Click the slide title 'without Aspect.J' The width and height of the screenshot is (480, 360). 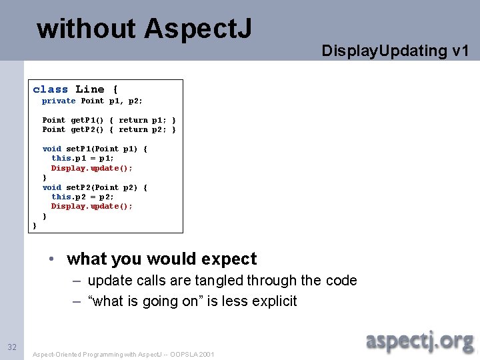[x=144, y=29]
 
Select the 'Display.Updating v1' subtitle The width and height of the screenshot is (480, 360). [x=395, y=51]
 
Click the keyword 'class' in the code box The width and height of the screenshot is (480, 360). [x=50, y=89]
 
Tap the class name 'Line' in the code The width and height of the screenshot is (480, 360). [x=89, y=89]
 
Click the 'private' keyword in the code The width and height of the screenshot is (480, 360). [x=59, y=101]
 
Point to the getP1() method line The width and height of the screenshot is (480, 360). [x=109, y=121]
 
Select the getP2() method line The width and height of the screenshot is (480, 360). [x=109, y=130]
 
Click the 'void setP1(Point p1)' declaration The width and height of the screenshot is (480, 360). [x=95, y=149]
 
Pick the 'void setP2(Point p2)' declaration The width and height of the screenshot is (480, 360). [x=95, y=188]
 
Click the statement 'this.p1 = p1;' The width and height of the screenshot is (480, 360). [x=83, y=159]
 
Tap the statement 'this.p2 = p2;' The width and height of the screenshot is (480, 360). [x=83, y=197]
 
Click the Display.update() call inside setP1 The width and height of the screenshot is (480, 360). [x=92, y=169]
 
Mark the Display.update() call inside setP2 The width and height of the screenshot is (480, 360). [x=92, y=207]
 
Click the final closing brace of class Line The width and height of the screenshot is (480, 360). [x=35, y=226]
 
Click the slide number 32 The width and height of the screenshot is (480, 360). [x=12, y=347]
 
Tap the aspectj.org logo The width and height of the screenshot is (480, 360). [x=419, y=341]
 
